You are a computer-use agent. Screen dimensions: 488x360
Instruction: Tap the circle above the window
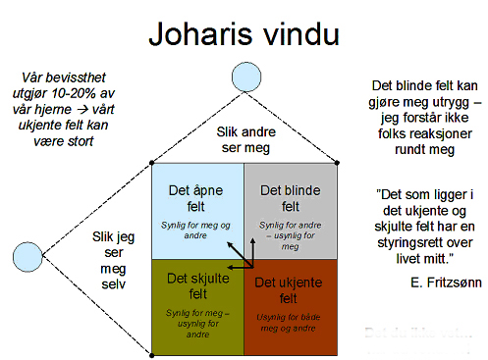coord(243,76)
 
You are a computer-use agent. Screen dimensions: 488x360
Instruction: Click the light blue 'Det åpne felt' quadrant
coord(197,209)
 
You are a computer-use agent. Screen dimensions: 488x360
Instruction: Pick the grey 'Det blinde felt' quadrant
coord(291,209)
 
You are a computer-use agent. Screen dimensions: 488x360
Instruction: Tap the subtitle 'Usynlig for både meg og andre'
coord(292,320)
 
